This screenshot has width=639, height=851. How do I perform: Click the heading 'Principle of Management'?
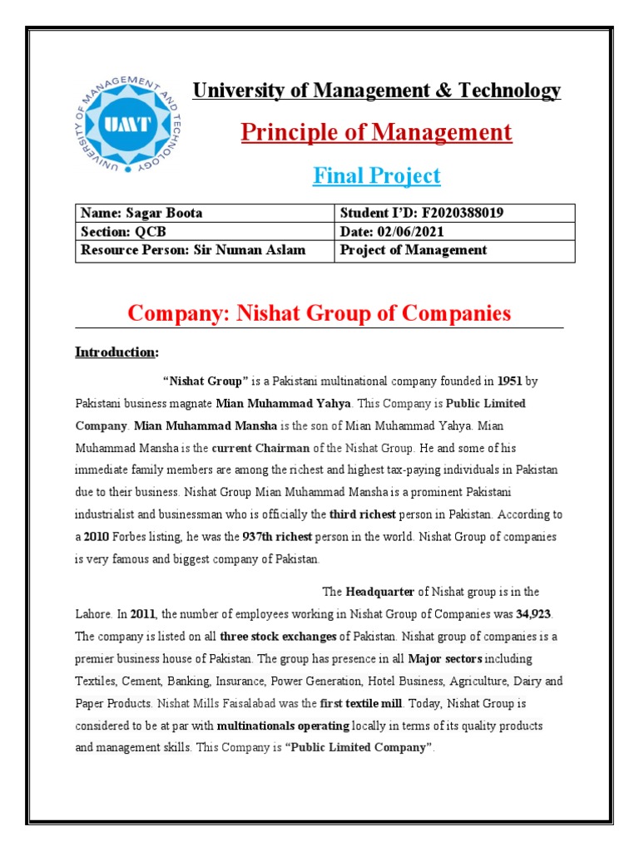coord(376,133)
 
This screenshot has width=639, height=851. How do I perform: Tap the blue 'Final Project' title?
coord(376,176)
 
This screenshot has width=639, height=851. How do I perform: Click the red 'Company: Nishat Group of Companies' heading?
coord(319,313)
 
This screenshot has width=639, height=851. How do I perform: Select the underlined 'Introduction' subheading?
coord(116,352)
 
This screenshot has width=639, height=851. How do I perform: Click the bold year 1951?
coord(510,382)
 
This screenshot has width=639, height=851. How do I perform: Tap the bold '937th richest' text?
coord(219,537)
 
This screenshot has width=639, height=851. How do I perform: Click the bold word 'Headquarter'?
coord(379,592)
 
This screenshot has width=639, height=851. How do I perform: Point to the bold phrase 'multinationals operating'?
coord(283,726)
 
